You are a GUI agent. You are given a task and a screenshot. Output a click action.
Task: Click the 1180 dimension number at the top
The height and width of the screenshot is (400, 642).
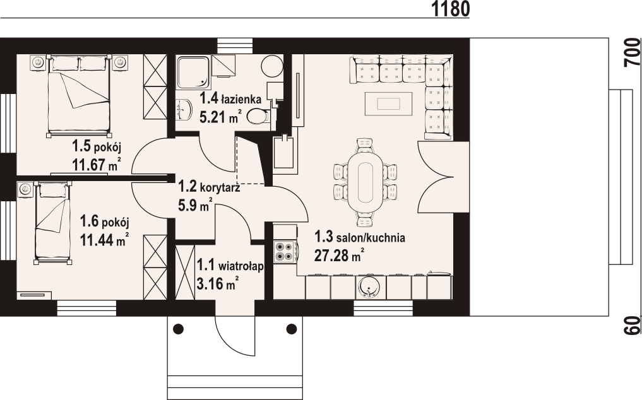coord(450,9)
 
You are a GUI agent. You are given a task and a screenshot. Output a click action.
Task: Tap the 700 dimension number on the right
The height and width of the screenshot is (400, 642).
coord(633,52)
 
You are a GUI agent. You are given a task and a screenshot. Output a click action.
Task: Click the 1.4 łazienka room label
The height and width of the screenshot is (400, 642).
coord(230,98)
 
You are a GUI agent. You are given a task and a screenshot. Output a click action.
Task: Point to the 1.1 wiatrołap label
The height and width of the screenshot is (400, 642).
coord(230,266)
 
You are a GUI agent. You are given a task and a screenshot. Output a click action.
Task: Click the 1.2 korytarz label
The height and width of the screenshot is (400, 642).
coord(209,187)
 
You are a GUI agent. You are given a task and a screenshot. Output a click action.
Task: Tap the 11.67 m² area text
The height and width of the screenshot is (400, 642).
coord(97,165)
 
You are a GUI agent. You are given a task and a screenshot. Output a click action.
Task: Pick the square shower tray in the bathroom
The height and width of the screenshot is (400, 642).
coord(193,72)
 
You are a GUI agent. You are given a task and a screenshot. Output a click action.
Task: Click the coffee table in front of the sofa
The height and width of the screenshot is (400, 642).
coord(389,104)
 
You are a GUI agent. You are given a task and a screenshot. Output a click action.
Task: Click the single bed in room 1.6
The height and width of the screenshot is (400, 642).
coord(52,223)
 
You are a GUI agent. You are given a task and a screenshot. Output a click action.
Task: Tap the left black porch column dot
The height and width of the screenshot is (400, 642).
coord(179,328)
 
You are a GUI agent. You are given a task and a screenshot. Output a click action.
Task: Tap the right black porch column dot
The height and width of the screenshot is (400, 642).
coord(292,328)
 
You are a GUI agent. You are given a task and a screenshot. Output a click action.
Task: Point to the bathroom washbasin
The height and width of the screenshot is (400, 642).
coord(185,110)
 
